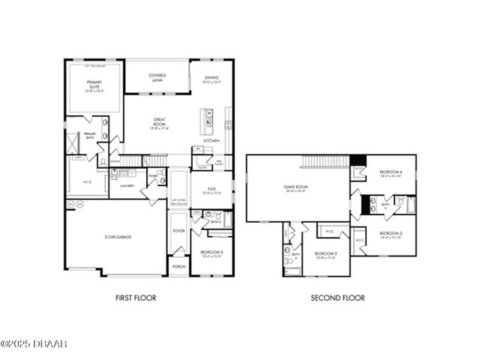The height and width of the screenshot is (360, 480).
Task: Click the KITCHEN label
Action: pos(210,140)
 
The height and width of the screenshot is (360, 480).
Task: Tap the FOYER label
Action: pos(178,230)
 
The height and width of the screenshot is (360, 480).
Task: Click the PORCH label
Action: pos(178,266)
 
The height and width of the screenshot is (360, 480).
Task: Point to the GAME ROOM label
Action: pos(296,187)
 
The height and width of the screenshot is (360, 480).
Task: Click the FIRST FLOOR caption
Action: pos(136,298)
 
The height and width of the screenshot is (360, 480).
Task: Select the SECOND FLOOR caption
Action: pos(337,298)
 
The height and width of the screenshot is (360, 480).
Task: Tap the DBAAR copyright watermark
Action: pos(34,343)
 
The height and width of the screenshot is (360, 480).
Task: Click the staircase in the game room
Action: pos(325,163)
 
